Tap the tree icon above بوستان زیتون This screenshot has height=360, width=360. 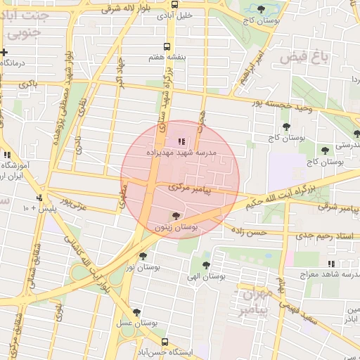coord(176,216)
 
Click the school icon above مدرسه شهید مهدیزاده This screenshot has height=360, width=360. coord(183,141)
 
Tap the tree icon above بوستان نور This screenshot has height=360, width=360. coord(143,257)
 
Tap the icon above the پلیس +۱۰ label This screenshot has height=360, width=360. coord(40,198)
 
